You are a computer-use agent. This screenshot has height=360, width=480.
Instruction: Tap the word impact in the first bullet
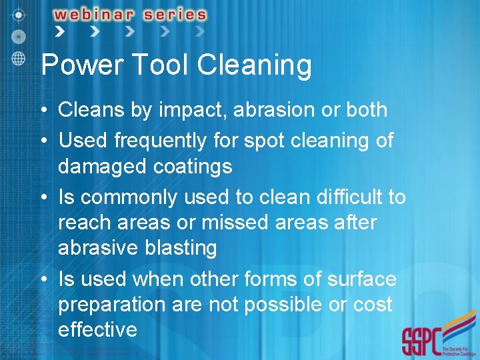(191, 111)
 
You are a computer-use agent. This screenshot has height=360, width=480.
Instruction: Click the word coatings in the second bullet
(193, 167)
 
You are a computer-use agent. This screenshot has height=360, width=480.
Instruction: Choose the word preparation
(114, 305)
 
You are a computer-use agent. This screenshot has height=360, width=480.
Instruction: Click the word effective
(97, 329)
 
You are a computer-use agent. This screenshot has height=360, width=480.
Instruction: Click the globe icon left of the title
(19, 57)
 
